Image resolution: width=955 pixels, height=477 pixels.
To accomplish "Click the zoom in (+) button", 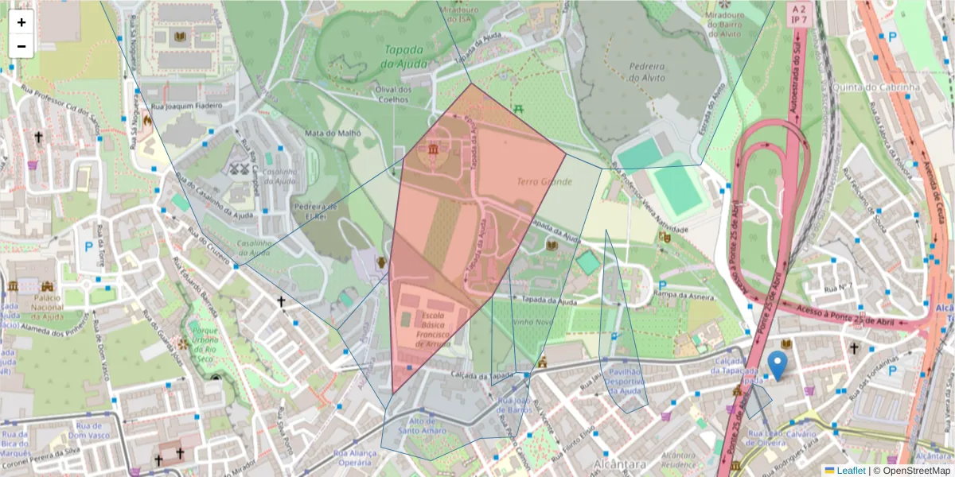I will click(x=21, y=22).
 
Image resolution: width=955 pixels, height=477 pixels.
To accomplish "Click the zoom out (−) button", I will click(x=21, y=46).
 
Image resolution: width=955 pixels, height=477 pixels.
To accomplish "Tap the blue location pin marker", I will click(x=778, y=365).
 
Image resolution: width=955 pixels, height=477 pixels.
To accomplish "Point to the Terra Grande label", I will click(x=544, y=182).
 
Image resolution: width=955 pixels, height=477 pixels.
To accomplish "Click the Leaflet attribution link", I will click(x=851, y=471).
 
